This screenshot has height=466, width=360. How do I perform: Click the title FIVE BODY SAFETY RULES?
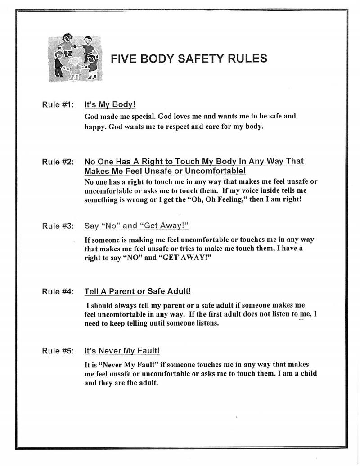click(189, 59)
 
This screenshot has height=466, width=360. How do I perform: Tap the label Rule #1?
click(58, 105)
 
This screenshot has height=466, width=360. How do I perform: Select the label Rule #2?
click(58, 162)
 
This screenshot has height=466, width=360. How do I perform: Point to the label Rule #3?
click(58, 226)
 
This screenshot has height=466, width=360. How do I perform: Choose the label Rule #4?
click(58, 291)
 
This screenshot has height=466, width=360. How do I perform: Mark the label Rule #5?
click(58, 351)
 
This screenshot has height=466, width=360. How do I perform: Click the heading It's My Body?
click(110, 105)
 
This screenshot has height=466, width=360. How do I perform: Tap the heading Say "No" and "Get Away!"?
click(136, 226)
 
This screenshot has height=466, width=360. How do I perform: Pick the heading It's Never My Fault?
click(122, 351)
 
